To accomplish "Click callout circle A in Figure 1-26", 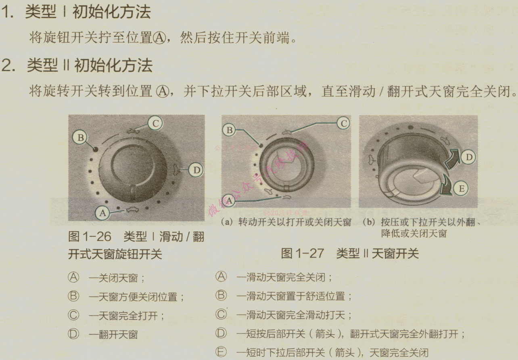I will (102, 213).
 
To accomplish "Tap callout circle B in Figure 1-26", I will (80, 138).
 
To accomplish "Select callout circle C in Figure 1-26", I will (155, 123).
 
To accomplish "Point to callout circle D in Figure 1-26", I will (196, 170).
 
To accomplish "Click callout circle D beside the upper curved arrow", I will (468, 157).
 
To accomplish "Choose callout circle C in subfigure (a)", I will (343, 123).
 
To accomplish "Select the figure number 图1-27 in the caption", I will (302, 253).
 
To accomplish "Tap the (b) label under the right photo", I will (369, 222).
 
